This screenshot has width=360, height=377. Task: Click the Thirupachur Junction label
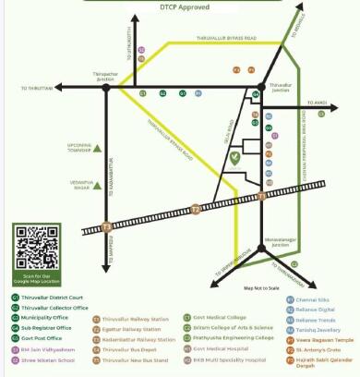pos(106,75)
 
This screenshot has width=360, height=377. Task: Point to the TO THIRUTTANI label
pos(39,88)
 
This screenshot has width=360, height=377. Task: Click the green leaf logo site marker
pos(235,157)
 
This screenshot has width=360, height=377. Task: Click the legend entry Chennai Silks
pos(314,299)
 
